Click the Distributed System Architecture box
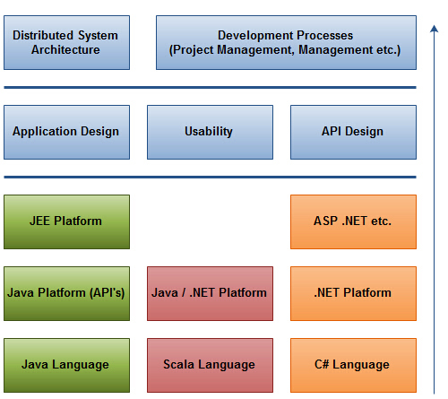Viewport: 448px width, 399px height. click(66, 42)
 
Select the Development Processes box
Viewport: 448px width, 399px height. click(286, 42)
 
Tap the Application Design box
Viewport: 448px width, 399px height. click(66, 132)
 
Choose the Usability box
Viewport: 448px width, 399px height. click(210, 132)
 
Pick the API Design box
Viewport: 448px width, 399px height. click(353, 132)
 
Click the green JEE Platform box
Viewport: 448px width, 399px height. click(66, 221)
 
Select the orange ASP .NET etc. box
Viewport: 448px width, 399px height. click(353, 221)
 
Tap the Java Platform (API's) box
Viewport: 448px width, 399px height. click(66, 293)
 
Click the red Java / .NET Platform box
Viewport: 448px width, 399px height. click(210, 293)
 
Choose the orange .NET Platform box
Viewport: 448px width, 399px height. click(353, 293)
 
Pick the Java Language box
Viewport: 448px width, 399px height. click(66, 365)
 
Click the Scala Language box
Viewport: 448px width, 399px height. click(210, 365)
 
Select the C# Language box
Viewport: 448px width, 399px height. click(353, 365)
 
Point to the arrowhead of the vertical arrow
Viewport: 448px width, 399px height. click(434, 26)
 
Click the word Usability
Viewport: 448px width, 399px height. click(209, 132)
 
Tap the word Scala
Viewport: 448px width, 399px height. click(178, 364)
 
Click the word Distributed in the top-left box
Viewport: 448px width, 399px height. click(43, 35)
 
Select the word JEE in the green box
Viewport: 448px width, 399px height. click(39, 221)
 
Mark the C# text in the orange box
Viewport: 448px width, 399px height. click(322, 364)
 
